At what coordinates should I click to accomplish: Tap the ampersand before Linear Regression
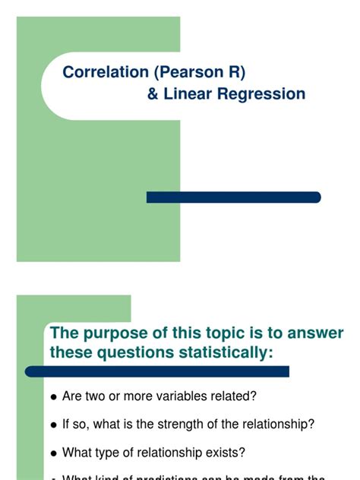pos(153,95)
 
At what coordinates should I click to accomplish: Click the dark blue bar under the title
pos(233,197)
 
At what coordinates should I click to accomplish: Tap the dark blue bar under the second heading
pos(157,371)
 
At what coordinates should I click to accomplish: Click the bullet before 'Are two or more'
pos(53,397)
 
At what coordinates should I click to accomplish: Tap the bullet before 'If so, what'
pos(53,425)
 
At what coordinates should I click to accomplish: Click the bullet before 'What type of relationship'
pos(53,453)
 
